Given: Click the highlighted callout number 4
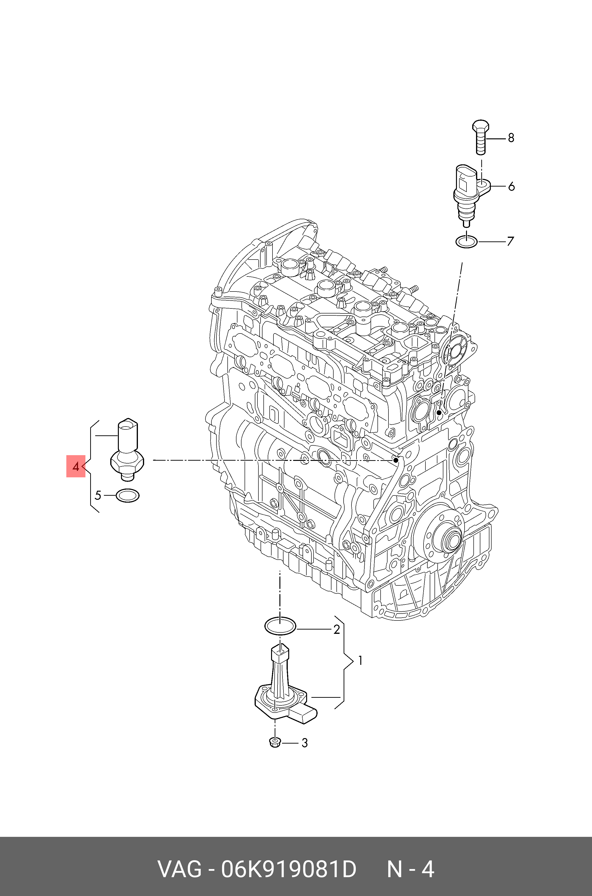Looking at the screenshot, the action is point(76,467).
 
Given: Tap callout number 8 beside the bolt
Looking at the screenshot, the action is point(511,138).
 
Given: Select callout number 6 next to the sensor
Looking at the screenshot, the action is point(511,187).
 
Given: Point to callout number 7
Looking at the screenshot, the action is point(510,241).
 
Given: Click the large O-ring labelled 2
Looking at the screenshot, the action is point(280,627).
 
